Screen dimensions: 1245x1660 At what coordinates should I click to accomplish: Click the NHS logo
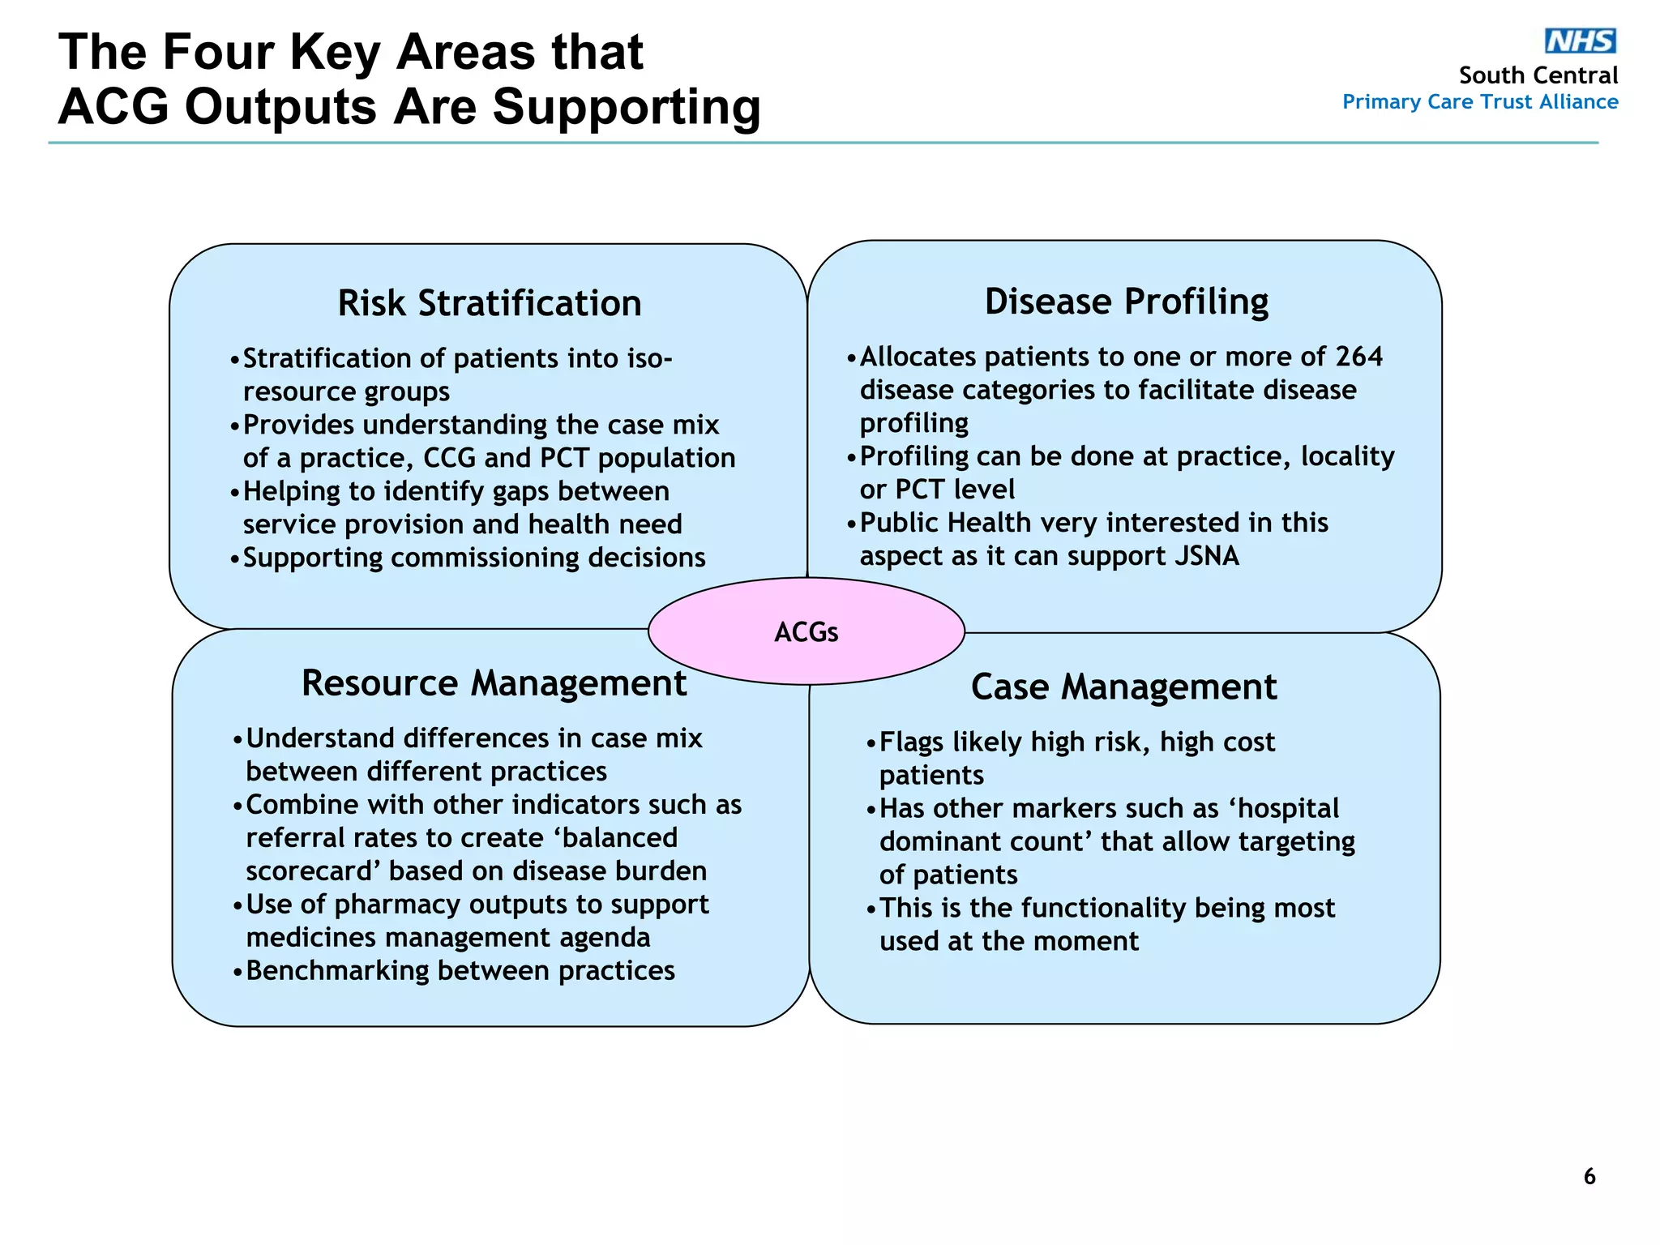1580,41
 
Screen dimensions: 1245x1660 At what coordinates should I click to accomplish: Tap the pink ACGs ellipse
806,631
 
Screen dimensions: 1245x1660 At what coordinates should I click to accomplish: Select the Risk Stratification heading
489,303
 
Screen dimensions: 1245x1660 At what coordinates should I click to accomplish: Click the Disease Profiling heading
1126,302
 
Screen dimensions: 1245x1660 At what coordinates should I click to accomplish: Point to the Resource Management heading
494,682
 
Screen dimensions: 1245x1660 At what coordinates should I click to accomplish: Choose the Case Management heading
1123,687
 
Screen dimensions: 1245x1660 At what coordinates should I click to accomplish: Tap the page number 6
1589,1176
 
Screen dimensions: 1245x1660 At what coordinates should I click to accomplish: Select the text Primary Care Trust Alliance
1479,102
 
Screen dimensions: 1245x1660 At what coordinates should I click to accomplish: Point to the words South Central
1538,75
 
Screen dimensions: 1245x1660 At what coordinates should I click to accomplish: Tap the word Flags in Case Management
911,742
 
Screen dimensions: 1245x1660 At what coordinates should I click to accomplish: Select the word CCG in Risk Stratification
449,458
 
